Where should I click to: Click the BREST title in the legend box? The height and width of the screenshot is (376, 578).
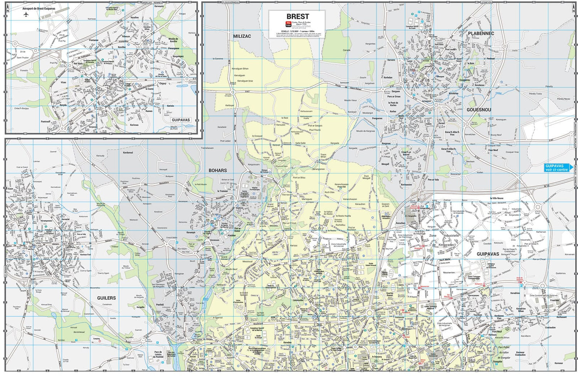[x=297, y=17]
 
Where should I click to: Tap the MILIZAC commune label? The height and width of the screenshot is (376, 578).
[x=242, y=36]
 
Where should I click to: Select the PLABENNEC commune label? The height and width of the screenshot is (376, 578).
[x=481, y=34]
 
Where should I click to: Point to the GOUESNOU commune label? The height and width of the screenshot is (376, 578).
[x=479, y=110]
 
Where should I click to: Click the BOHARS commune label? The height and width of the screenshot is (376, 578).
[x=218, y=170]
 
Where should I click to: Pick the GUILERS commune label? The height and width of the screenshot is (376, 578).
[x=106, y=298]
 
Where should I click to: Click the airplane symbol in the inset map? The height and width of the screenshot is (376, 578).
[x=26, y=15]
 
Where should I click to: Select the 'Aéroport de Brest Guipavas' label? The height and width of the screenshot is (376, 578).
[x=39, y=8]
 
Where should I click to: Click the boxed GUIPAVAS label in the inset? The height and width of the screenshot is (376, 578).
[x=181, y=120]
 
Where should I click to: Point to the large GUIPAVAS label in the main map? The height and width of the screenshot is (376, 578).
[x=487, y=254]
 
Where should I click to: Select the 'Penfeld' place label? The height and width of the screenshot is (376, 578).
[x=160, y=305]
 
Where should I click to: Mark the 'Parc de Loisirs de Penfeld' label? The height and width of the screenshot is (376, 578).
[x=158, y=354]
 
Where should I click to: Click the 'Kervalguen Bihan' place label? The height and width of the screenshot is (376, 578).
[x=240, y=69]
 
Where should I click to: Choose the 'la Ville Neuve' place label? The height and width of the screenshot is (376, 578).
[x=496, y=198]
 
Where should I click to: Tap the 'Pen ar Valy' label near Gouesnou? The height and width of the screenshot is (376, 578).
[x=433, y=180]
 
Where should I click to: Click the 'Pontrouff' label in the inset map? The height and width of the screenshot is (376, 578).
[x=45, y=121]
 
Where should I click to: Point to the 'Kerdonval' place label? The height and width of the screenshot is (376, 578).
[x=128, y=153]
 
